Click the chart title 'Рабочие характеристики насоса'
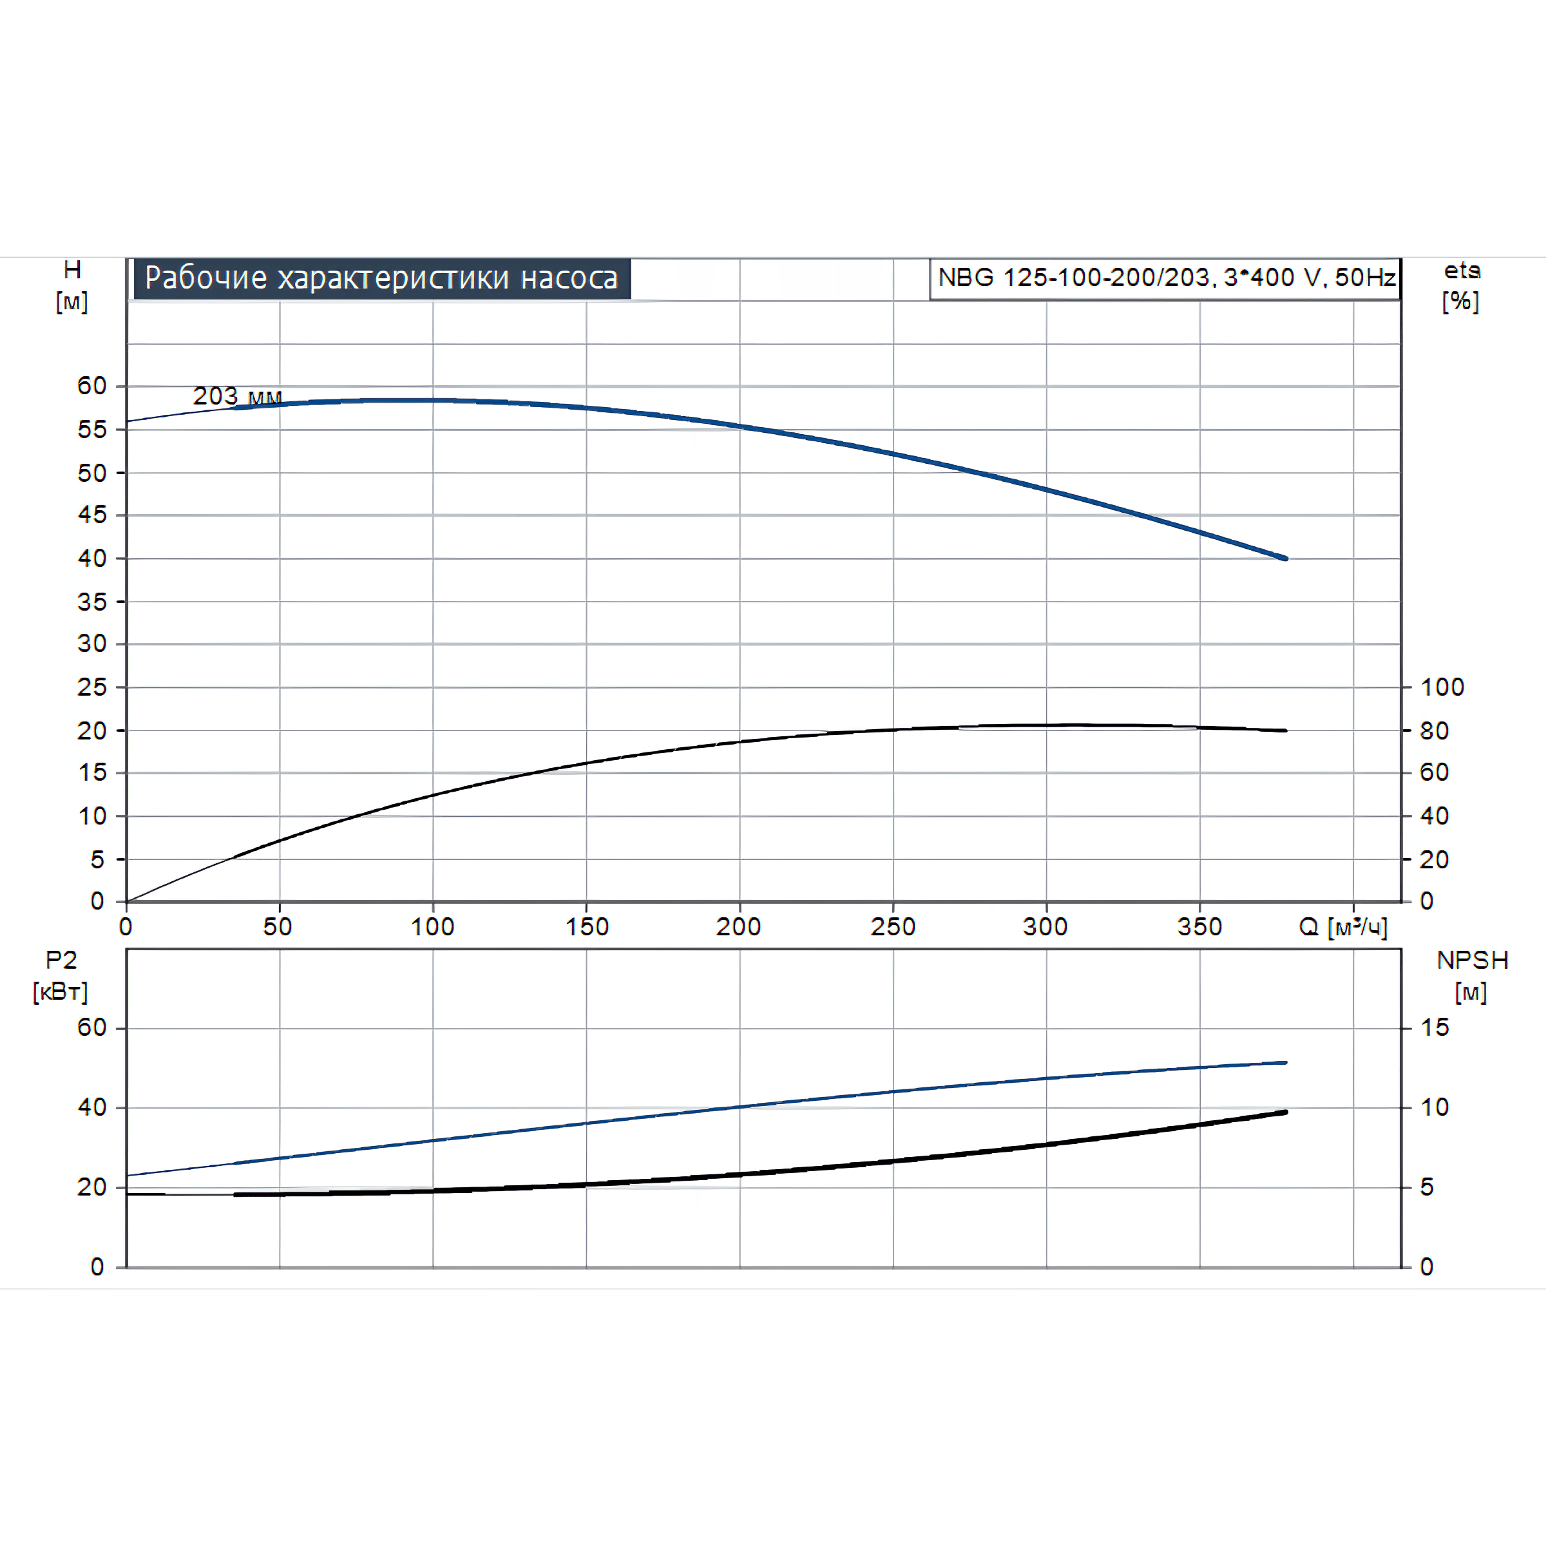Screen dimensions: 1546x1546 382,278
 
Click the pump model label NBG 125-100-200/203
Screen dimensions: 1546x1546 1166,278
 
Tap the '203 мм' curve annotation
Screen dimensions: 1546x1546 237,396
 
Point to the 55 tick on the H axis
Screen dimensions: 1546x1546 92,430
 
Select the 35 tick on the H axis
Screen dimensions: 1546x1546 92,602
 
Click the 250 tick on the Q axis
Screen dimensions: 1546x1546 893,927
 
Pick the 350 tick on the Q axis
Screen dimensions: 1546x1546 1199,927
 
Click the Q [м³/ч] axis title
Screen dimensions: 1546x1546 1342,928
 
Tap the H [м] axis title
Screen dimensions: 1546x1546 72,285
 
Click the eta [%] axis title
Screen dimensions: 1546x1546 1461,285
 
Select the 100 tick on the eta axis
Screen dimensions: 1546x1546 1442,687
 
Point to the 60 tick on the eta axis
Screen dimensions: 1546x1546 1434,772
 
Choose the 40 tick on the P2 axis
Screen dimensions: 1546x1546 92,1107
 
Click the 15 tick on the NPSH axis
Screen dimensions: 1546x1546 1435,1027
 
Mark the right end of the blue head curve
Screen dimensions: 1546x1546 1285,558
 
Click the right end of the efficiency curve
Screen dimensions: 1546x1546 1285,730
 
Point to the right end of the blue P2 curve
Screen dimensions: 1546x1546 1285,1063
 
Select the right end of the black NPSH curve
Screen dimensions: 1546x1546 1285,1112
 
